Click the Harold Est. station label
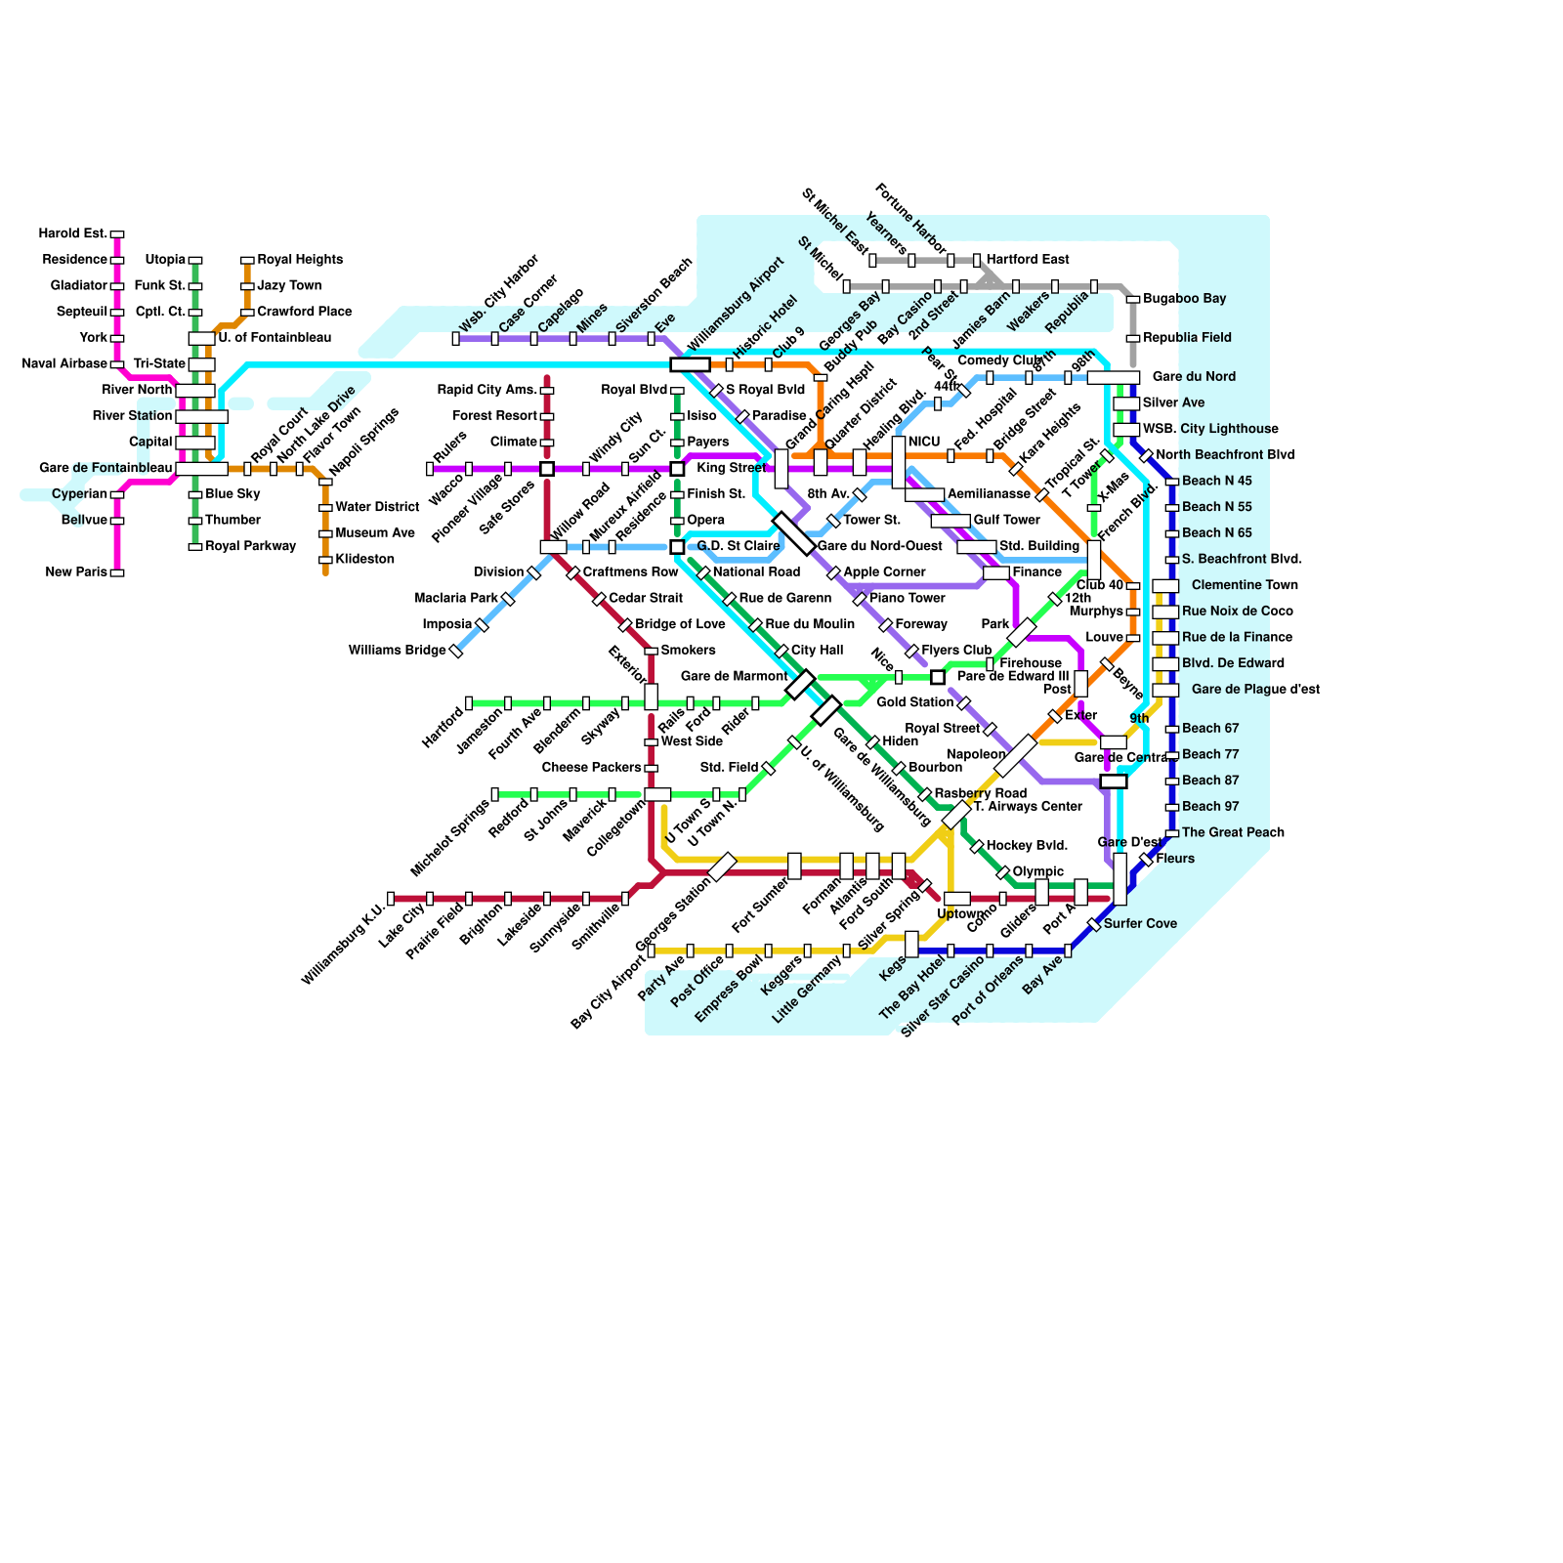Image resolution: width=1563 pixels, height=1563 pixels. click(72, 233)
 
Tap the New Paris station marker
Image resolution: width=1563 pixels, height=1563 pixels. click(117, 572)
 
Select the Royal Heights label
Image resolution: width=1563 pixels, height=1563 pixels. click(300, 260)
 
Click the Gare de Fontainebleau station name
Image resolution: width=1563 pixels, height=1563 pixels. click(106, 468)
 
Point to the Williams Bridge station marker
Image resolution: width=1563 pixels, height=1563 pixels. click(456, 652)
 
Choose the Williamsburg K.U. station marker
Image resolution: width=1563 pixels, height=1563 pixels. click(391, 899)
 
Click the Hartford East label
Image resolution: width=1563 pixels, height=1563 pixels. click(1028, 260)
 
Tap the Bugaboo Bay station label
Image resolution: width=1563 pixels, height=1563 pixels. click(1184, 299)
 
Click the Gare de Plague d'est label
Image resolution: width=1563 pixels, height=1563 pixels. click(1255, 690)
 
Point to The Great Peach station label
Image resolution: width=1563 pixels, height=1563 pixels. click(1233, 833)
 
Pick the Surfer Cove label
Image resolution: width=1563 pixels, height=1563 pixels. click(1140, 924)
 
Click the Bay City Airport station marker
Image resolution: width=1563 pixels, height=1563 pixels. click(652, 951)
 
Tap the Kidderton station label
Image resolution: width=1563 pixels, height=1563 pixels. click(364, 560)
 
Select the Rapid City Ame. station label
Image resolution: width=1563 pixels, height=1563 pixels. click(486, 391)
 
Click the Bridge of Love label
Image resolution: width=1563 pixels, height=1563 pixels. click(680, 624)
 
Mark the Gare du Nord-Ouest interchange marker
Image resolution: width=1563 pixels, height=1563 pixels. click(793, 533)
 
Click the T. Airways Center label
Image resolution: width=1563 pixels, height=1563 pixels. click(1027, 807)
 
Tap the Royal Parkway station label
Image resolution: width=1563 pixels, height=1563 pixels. click(250, 546)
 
